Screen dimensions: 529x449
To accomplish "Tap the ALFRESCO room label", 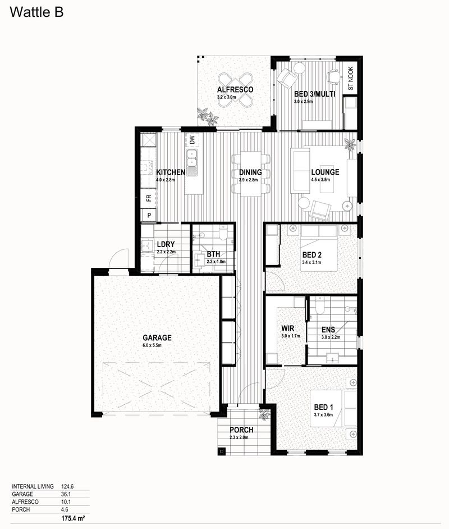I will click(235, 90).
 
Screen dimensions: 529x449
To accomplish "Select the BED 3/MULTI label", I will click(314, 94).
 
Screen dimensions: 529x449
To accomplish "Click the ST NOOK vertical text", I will click(351, 79).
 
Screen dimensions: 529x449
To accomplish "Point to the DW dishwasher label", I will click(192, 140).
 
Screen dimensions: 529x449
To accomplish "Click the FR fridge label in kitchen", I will click(149, 198).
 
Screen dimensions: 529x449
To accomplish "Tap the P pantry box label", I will click(149, 215).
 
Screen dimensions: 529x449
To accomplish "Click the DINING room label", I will click(250, 172).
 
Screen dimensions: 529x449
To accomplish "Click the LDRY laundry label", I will click(166, 245).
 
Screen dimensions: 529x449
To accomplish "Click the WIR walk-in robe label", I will click(288, 329).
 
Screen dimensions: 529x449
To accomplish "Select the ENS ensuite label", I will click(328, 330).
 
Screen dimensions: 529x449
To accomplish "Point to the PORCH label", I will click(241, 430).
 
